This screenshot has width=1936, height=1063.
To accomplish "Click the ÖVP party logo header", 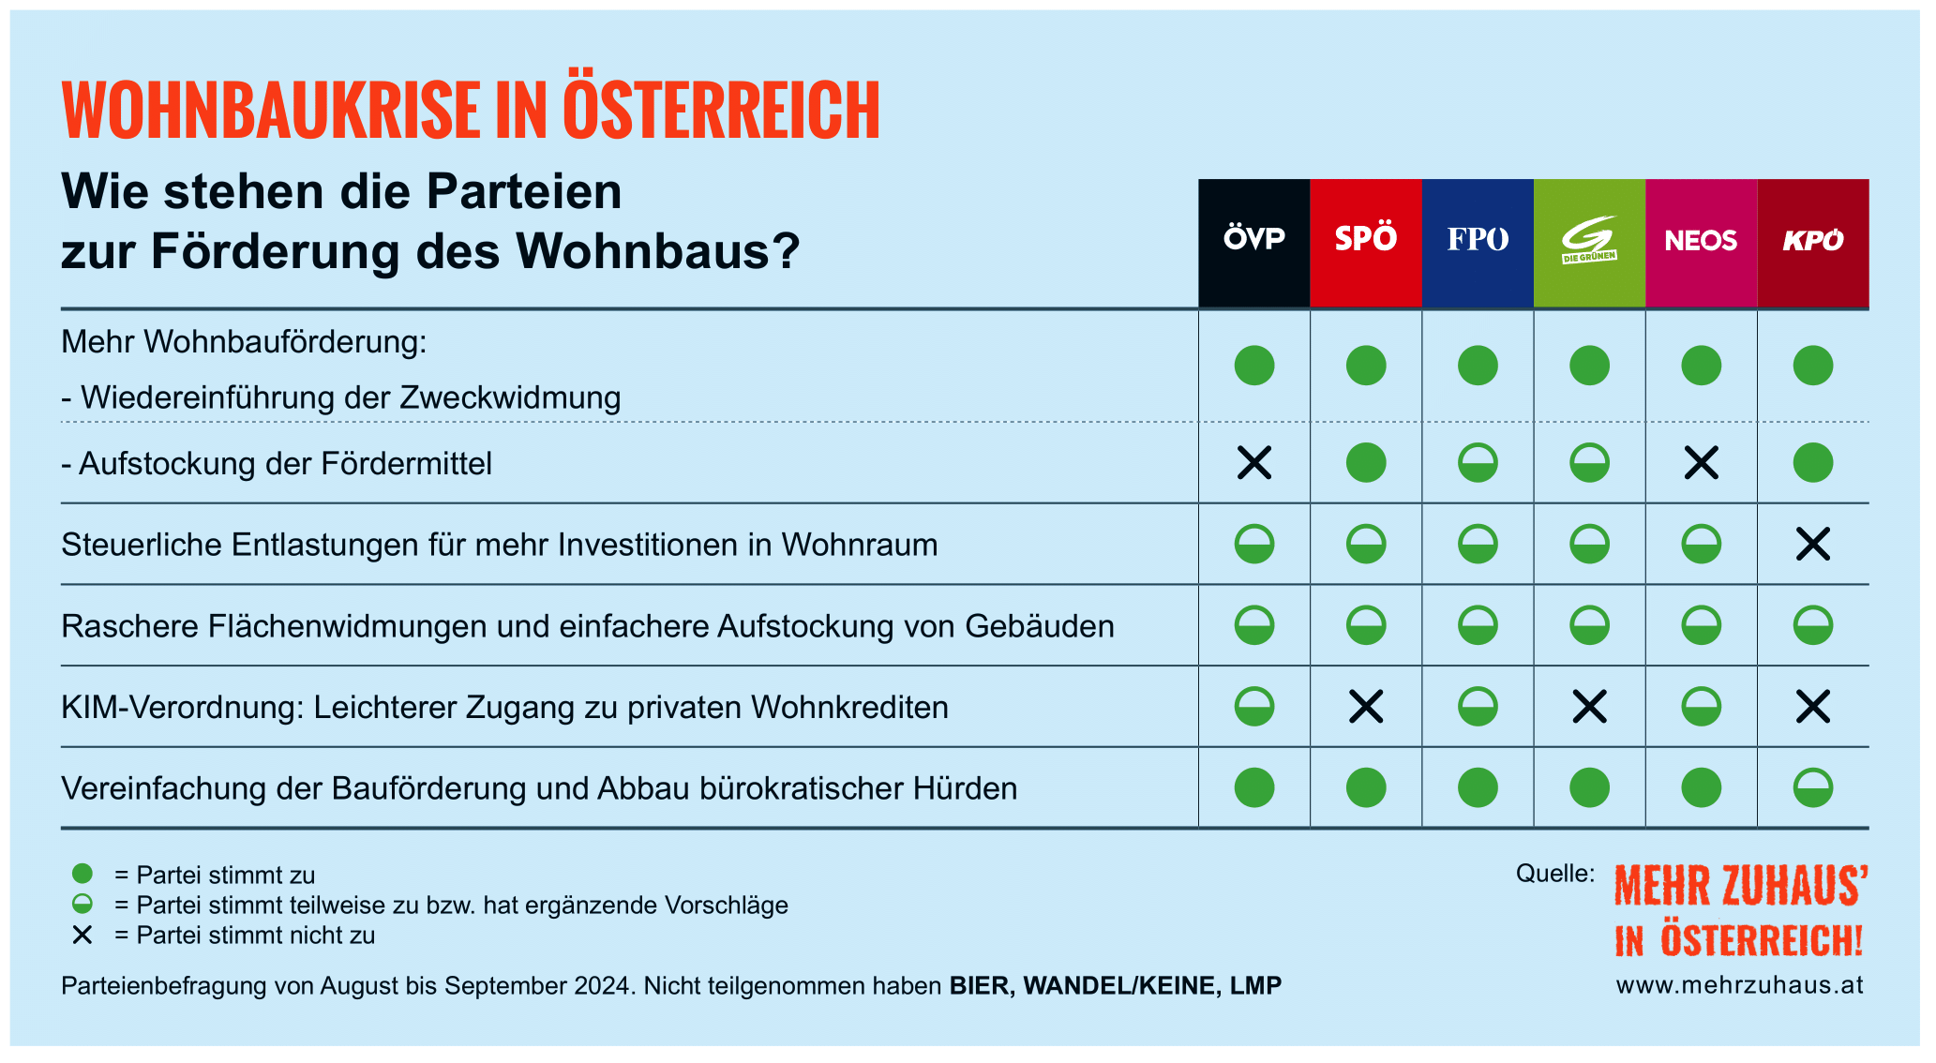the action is (1254, 243).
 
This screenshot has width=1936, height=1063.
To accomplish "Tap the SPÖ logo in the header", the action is (1366, 243).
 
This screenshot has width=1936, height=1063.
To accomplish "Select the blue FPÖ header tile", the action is (1478, 243).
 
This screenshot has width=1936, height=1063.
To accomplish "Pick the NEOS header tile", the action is (1701, 243).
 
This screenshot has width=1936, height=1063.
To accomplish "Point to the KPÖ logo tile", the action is (1813, 243).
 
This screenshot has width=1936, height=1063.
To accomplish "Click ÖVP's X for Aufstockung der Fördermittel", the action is (1254, 462).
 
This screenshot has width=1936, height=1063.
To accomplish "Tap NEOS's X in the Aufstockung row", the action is (1702, 462).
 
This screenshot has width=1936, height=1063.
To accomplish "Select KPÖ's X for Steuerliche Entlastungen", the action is (1813, 544).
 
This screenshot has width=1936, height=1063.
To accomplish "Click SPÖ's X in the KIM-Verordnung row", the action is (1366, 707).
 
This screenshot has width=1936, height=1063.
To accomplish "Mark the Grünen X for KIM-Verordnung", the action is (1590, 707).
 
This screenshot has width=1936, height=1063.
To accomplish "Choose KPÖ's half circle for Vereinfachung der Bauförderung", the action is (1813, 787).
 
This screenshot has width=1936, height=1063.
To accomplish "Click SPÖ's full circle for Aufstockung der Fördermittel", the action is (1366, 462).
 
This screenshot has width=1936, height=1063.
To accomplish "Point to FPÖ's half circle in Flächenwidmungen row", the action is (1478, 625).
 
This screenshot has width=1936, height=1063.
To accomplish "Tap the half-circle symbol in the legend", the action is (83, 904).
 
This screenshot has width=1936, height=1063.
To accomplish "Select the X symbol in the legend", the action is (83, 935).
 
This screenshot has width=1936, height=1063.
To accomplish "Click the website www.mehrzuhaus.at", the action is (1740, 985).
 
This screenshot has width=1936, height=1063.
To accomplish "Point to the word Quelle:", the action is (1555, 874).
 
